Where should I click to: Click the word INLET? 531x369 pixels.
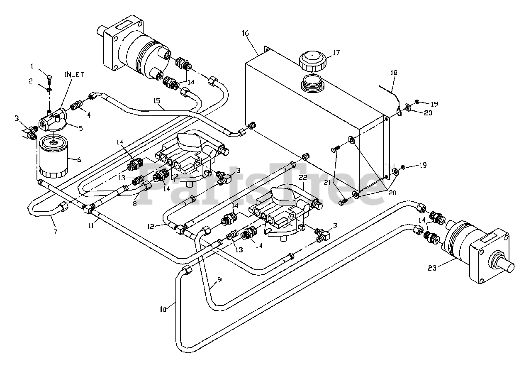tap(74, 75)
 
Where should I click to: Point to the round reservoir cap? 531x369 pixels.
tap(314, 61)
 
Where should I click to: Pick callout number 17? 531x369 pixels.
tap(336, 53)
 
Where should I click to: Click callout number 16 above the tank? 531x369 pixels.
tap(246, 33)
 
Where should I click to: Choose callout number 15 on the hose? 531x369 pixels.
tap(156, 100)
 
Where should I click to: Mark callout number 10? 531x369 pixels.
tap(163, 309)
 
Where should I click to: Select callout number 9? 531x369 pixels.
tap(219, 279)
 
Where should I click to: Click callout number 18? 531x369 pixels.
tap(393, 73)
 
